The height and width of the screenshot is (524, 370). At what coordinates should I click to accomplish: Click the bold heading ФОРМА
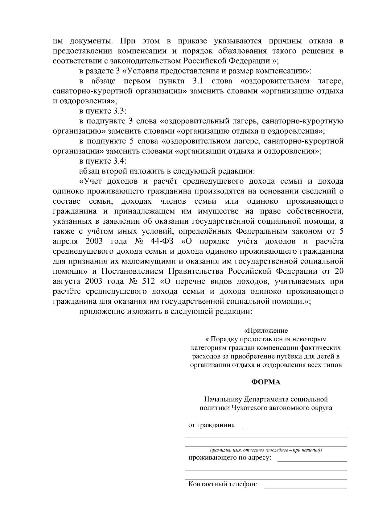[266, 382]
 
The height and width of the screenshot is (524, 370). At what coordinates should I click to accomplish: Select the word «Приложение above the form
[266, 331]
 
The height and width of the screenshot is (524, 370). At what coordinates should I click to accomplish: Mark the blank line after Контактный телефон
[305, 488]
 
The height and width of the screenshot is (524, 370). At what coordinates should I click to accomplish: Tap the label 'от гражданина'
[212, 425]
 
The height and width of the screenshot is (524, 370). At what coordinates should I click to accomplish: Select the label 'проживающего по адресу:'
[230, 458]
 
